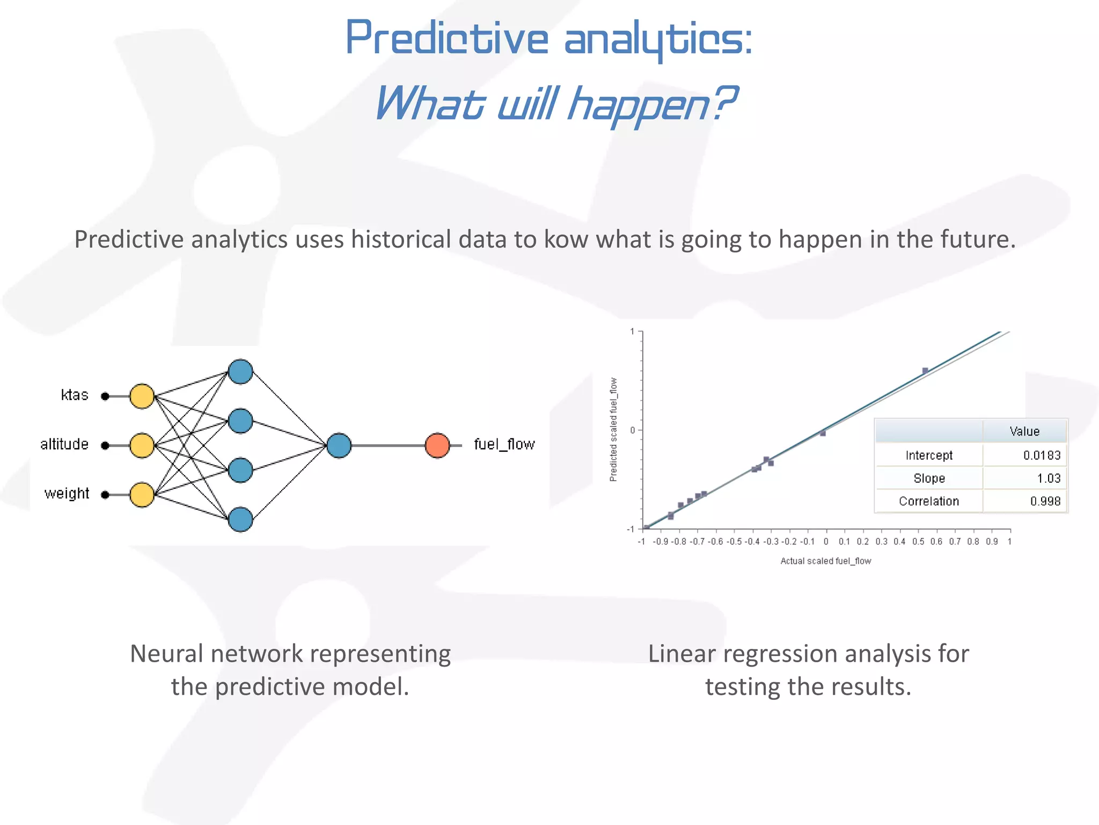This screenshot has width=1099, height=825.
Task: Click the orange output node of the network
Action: point(437,445)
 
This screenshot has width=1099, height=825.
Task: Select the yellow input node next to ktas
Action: point(142,396)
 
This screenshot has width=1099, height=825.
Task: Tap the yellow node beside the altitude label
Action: point(142,445)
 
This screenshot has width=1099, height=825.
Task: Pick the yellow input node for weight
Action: point(142,495)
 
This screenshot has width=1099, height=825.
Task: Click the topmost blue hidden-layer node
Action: point(240,372)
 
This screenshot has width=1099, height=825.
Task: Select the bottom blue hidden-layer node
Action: point(240,519)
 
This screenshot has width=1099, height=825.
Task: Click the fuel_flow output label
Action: point(504,444)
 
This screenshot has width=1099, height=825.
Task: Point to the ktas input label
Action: point(75,395)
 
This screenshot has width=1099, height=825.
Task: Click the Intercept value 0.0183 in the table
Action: point(1042,455)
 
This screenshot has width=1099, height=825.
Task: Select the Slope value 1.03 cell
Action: point(1049,479)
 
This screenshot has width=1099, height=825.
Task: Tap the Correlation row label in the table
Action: point(929,501)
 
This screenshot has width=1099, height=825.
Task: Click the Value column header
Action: point(1024,431)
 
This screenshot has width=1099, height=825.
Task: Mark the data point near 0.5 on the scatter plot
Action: point(925,371)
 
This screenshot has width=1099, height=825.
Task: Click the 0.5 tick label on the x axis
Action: point(918,541)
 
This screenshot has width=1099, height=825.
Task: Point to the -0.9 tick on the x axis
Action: point(661,541)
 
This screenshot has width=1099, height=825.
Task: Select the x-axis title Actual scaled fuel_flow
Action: point(825,561)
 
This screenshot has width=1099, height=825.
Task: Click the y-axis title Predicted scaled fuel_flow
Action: point(613,429)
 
